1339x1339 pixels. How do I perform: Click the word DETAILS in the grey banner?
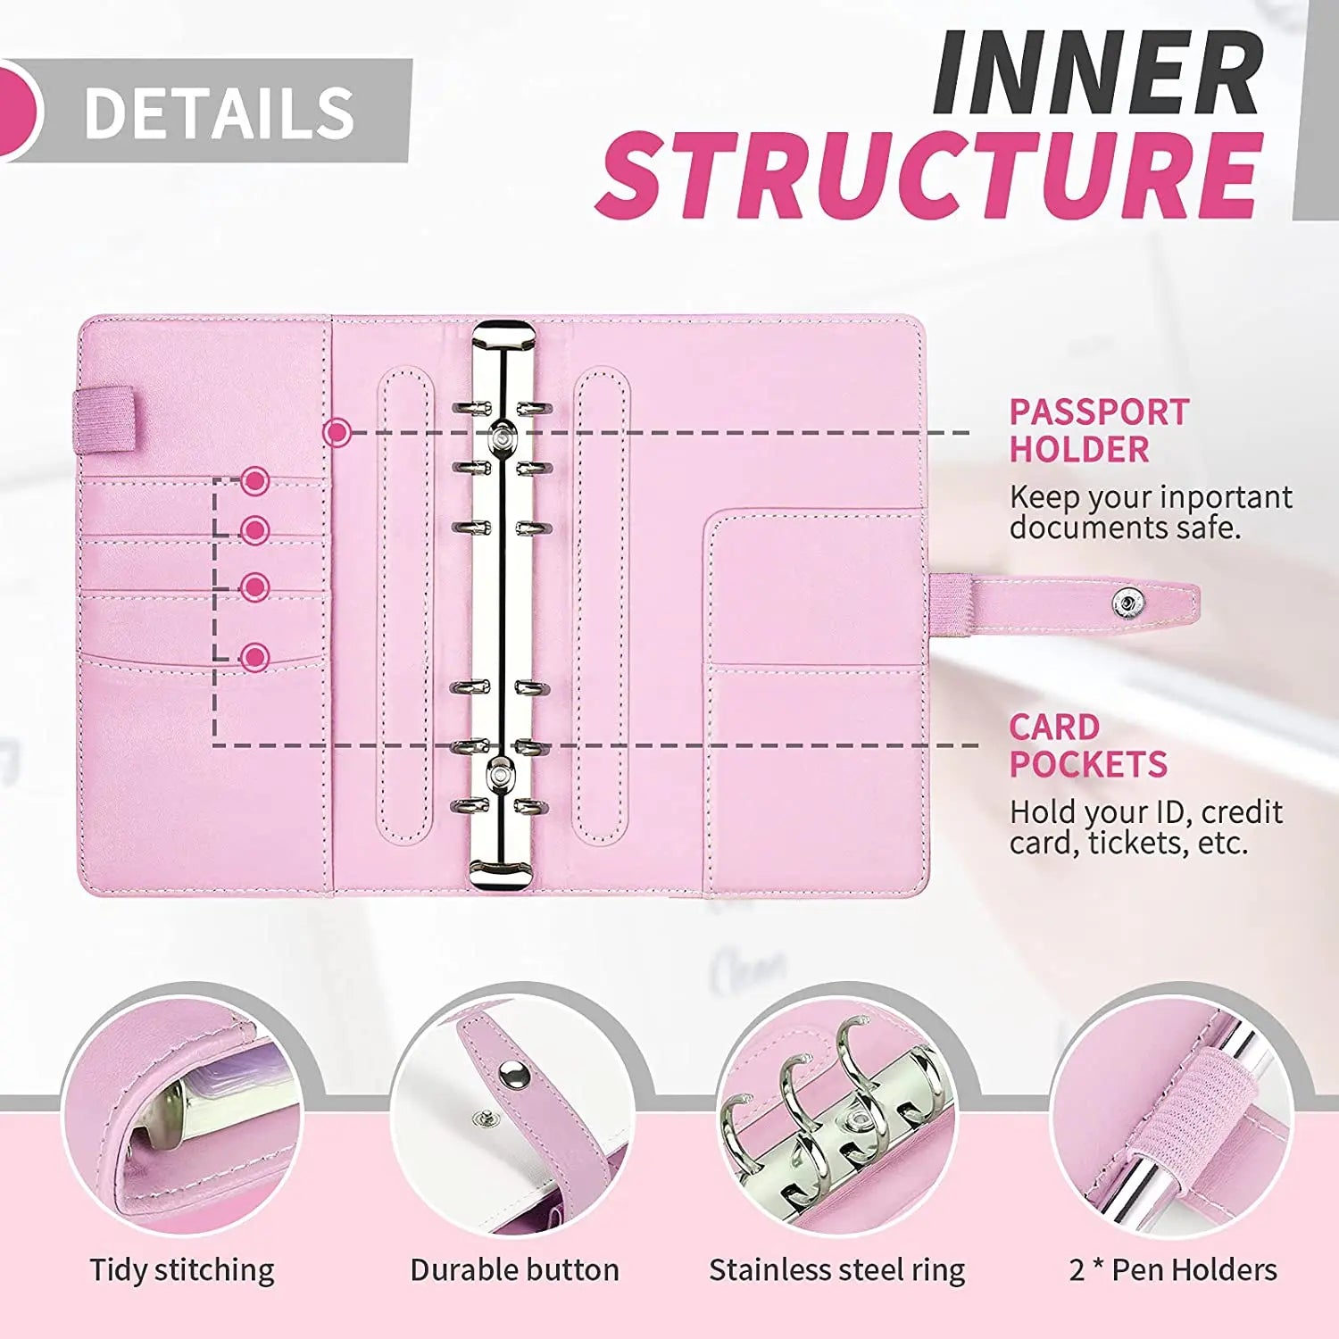220,113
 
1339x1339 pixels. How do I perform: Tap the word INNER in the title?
1098,73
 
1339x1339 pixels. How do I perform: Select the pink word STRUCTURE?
929,175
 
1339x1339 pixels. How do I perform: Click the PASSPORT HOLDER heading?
1098,431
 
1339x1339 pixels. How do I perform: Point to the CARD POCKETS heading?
1087,746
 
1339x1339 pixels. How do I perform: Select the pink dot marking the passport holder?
337,433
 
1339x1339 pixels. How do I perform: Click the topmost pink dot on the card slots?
255,481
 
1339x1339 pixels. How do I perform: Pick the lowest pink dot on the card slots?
255,658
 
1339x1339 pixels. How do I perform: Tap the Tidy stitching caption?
182,1270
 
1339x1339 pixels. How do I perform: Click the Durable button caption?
514,1270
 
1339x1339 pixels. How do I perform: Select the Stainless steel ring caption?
836,1270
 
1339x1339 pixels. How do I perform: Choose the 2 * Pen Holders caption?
1172,1270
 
